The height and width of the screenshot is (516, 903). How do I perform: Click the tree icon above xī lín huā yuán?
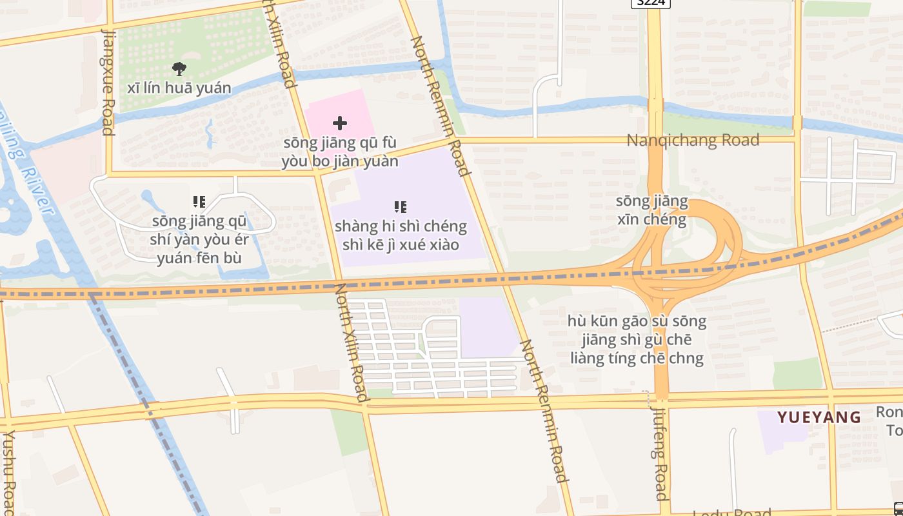pyautogui.click(x=179, y=68)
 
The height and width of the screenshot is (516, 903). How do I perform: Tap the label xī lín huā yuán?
pyautogui.click(x=179, y=88)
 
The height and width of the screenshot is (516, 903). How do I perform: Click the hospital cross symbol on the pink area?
pyautogui.click(x=340, y=123)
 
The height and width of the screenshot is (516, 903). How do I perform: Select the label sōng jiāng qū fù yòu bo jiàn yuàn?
pyautogui.click(x=340, y=152)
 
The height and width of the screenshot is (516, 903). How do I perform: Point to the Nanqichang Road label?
pyautogui.click(x=693, y=140)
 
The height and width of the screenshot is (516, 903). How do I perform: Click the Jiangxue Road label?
pyautogui.click(x=108, y=82)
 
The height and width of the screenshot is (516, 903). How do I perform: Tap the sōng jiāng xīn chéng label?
pyautogui.click(x=652, y=210)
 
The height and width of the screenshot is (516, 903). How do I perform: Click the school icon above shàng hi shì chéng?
pyautogui.click(x=401, y=207)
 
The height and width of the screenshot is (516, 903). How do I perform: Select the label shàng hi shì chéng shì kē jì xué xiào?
pyautogui.click(x=401, y=235)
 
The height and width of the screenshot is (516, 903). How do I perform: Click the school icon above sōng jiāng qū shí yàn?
pyautogui.click(x=199, y=202)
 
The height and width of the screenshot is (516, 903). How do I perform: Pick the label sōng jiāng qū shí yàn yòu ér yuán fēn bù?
pyautogui.click(x=199, y=240)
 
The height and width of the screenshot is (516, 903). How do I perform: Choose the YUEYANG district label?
pyautogui.click(x=819, y=417)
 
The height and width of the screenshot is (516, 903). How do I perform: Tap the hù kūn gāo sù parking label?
pyautogui.click(x=637, y=339)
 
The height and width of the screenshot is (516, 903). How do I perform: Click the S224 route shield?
pyautogui.click(x=650, y=3)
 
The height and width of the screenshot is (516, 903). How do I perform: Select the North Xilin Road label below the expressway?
pyautogui.click(x=352, y=342)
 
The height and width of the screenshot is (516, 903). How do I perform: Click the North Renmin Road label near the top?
pyautogui.click(x=439, y=106)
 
